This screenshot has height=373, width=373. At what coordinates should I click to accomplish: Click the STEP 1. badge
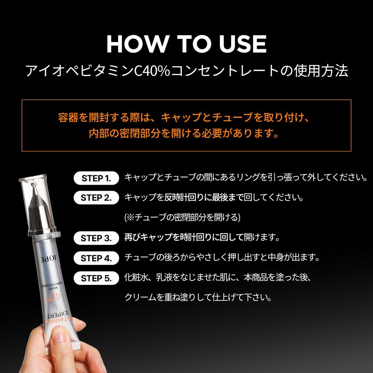coord(96,178)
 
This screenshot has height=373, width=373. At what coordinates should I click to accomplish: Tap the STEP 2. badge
coord(96,198)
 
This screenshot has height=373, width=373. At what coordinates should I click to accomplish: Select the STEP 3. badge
coord(96,238)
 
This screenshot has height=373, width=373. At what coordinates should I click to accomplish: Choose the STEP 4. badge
coord(96,258)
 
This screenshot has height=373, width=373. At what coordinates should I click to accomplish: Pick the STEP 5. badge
coord(96,278)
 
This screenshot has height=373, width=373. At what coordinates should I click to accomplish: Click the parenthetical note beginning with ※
coord(182,218)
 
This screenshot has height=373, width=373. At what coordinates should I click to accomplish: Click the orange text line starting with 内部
coord(186,133)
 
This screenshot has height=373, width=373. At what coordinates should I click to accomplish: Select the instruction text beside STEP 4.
coord(222,258)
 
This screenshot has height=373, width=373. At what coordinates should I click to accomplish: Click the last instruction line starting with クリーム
coord(198,297)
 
